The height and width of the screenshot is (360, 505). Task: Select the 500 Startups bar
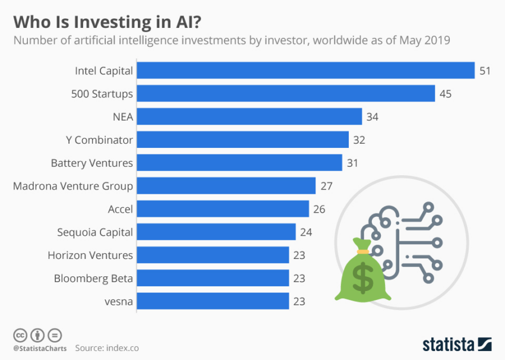pos(286,94)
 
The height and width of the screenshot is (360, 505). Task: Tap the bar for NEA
pos(249,117)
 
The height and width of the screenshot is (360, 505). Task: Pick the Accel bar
pos(223,209)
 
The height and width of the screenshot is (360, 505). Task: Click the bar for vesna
pos(213,301)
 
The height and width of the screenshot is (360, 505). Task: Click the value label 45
pos(446,94)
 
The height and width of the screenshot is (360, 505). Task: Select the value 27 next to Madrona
pos(326,186)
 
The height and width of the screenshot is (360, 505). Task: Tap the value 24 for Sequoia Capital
pos(307,232)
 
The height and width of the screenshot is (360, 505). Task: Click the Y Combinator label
pos(99,140)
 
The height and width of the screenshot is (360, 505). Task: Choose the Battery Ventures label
pos(91,163)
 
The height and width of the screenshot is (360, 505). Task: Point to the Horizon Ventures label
pos(90,255)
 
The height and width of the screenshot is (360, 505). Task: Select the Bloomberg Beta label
pos(93,278)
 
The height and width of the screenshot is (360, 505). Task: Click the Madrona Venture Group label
pos(73,186)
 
